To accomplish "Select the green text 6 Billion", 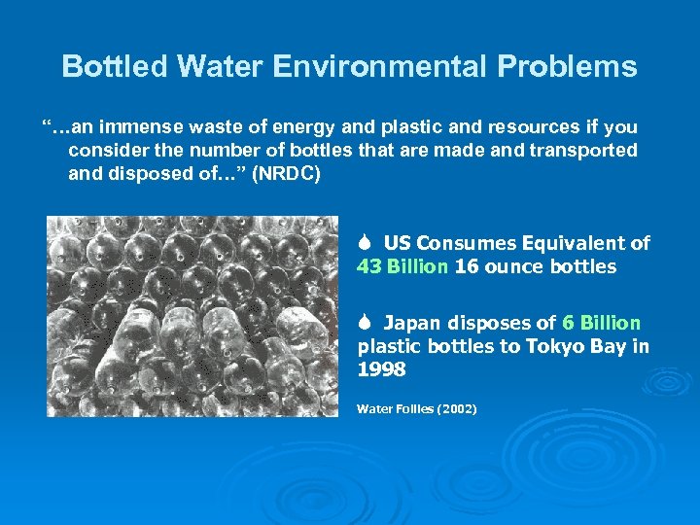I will coord(601,323).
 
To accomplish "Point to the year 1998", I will coord(380,369).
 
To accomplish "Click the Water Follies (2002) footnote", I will coord(416,409).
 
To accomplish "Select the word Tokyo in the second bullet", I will coord(569,346).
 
